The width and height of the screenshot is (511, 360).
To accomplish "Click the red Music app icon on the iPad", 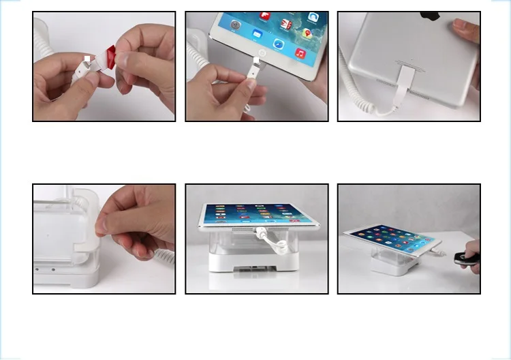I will [300, 52].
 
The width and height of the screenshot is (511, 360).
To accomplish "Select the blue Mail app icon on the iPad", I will [258, 32].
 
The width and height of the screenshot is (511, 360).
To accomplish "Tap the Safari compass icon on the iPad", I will [279, 44].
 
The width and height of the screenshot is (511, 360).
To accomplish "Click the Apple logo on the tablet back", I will [430, 15].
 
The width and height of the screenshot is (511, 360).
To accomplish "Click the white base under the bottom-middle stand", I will [255, 262].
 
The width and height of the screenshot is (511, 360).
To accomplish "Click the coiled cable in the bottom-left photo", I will [164, 256].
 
